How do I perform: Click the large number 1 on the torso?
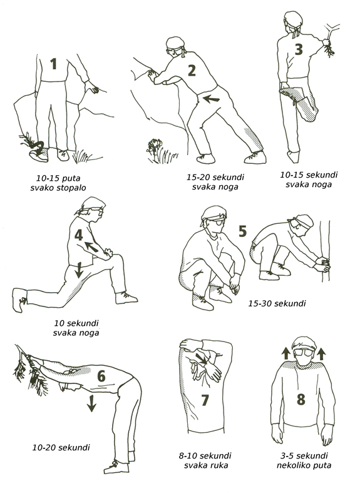click(54, 64)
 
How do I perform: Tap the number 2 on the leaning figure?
click(192, 70)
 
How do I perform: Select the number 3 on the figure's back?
click(299, 49)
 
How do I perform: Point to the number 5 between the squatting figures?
click(242, 231)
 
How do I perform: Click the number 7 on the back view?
click(205, 400)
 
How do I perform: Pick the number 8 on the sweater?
click(301, 399)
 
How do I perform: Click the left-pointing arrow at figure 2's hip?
click(211, 99)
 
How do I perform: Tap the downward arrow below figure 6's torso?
click(91, 403)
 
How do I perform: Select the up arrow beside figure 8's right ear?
click(321, 353)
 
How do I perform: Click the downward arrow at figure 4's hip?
click(78, 270)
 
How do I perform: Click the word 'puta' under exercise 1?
click(71, 178)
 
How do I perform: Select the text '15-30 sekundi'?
click(277, 304)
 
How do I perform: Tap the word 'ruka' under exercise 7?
click(219, 465)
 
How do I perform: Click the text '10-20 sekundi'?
click(61, 448)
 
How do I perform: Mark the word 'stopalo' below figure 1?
click(71, 188)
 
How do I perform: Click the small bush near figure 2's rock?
click(154, 149)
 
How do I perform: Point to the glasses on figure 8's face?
click(304, 352)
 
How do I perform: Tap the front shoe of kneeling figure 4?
click(126, 298)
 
